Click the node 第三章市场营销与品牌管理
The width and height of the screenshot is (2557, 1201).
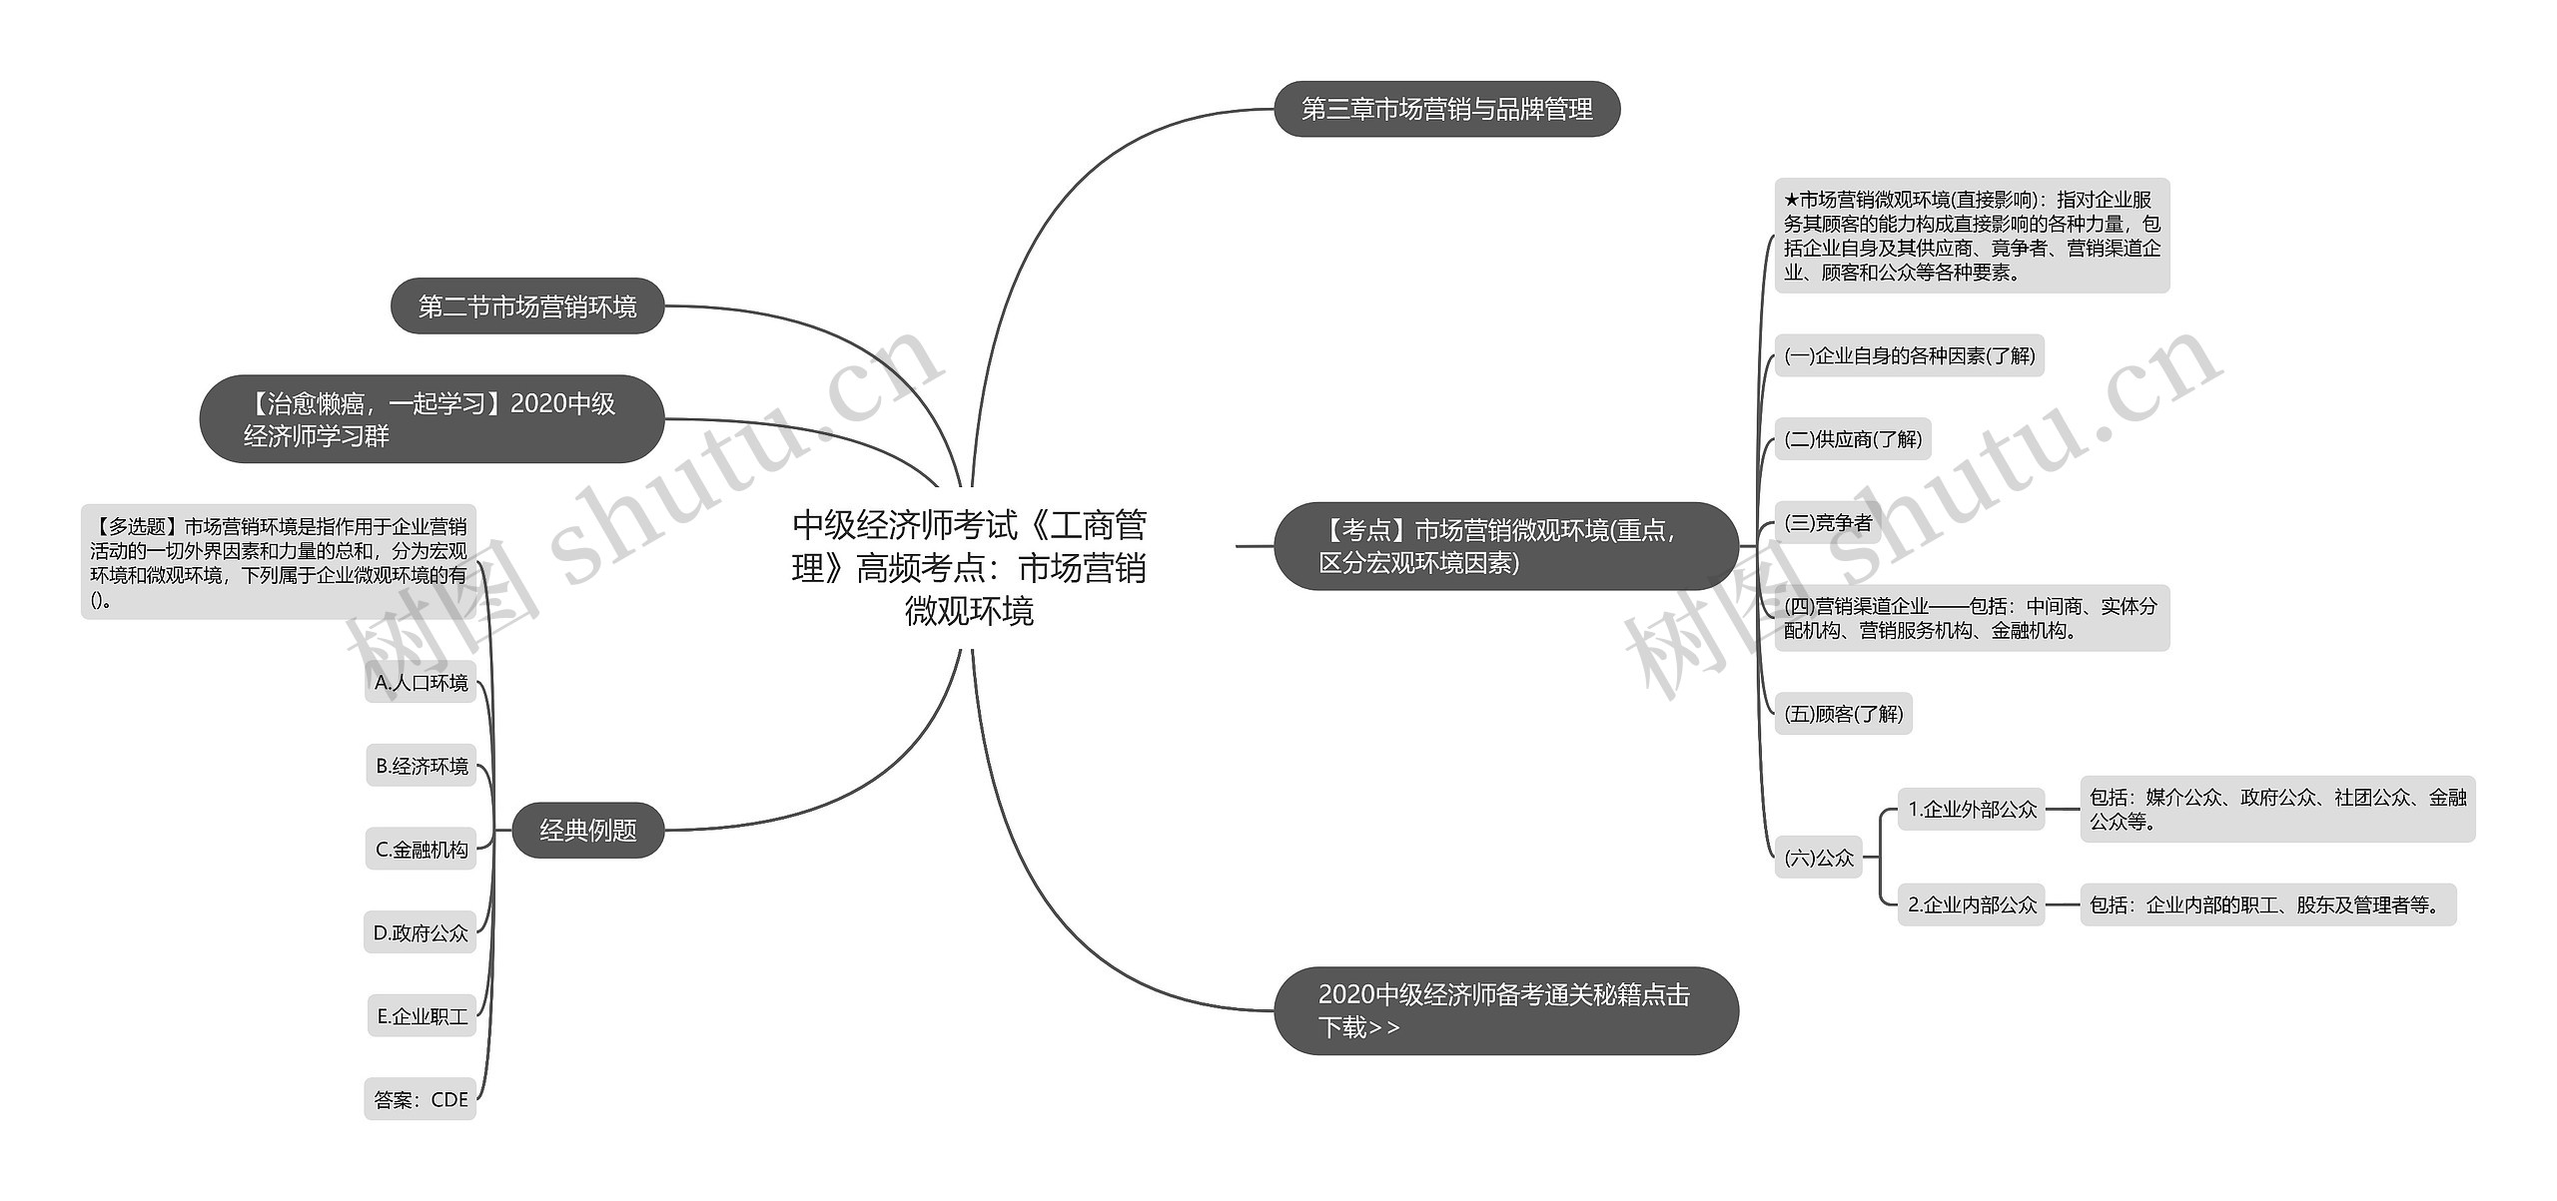click(x=1446, y=109)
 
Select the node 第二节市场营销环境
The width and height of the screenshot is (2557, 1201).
click(x=526, y=306)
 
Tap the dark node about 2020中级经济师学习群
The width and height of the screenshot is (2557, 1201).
click(x=431, y=419)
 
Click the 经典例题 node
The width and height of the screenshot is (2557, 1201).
click(x=587, y=830)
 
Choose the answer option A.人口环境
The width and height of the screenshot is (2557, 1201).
click(x=421, y=683)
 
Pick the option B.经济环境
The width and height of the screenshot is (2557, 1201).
click(x=422, y=766)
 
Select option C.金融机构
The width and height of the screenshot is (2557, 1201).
click(x=421, y=850)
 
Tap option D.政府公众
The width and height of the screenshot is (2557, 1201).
click(x=420, y=932)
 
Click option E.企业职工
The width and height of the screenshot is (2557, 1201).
click(x=422, y=1016)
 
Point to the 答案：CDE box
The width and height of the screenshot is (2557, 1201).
click(x=420, y=1099)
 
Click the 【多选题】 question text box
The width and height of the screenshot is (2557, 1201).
click(x=279, y=562)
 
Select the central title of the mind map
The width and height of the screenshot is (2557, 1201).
click(x=968, y=567)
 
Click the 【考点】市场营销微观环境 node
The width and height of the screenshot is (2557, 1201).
click(x=1505, y=546)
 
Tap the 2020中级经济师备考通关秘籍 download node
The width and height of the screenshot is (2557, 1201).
click(x=1505, y=1010)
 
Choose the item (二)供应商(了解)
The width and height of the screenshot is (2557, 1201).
click(x=1852, y=439)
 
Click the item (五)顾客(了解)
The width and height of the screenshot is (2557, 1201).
click(x=1843, y=714)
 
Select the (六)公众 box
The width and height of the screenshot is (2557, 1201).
click(x=1818, y=858)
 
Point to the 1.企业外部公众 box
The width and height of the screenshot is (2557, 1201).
click(x=1971, y=810)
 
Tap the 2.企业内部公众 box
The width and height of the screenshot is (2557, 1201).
click(x=1971, y=904)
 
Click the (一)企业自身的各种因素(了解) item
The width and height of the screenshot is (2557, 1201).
click(x=1909, y=355)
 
